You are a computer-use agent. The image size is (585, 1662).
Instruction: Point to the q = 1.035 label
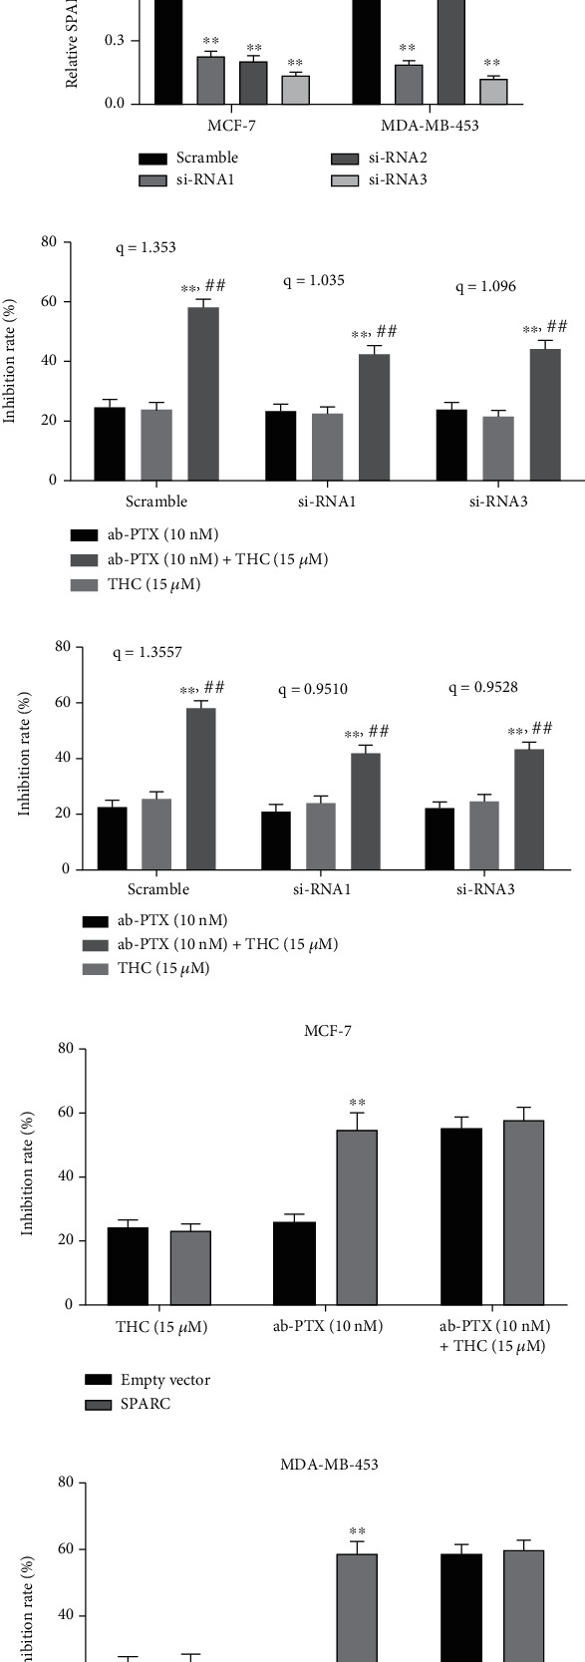coord(314,281)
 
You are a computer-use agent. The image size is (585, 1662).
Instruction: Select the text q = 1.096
coord(485,287)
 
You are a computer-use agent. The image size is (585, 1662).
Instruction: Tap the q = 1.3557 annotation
coord(147,653)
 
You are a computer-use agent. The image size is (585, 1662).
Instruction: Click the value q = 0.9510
coord(312,689)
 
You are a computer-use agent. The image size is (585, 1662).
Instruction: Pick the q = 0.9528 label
coord(483,687)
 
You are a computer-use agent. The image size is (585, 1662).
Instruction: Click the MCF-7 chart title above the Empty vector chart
coord(328,1030)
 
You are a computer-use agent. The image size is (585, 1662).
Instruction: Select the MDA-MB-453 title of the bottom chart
coord(328,1465)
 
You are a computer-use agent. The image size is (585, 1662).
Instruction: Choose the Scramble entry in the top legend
coord(206,158)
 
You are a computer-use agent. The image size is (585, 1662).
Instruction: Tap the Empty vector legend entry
coord(165,1380)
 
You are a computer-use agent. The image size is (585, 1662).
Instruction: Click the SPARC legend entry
coord(146,1404)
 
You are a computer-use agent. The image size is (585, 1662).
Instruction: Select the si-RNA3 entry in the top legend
coord(398,180)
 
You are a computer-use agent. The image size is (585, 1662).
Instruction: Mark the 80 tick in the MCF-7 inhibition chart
coord(68,1049)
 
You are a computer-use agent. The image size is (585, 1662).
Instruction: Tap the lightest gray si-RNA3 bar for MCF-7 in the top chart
coord(295,90)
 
